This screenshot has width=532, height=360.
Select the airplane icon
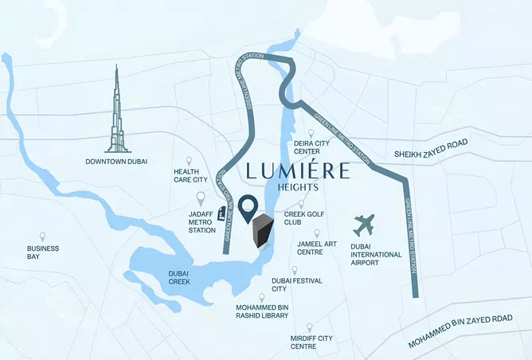[x=366, y=224]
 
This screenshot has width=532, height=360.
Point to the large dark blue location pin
[x=249, y=207]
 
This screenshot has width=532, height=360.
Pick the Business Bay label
[x=43, y=252]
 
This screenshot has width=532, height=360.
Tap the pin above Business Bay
[x=43, y=237]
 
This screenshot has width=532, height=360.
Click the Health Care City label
[x=191, y=175]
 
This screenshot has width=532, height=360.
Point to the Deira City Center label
[x=311, y=147]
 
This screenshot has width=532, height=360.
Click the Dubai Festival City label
[x=291, y=285]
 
